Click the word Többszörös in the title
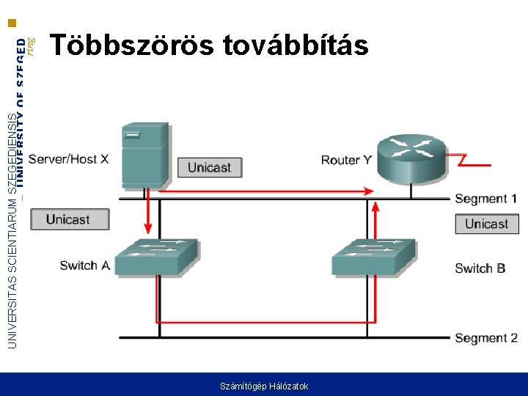pos(131,45)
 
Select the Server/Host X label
pos(78,159)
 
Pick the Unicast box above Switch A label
pos(67,219)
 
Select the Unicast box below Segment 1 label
pos(486,224)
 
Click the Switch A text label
pos(84,265)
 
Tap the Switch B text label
pos(480,268)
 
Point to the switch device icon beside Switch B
pos(375,256)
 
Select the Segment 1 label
pos(485,199)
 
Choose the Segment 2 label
pos(485,338)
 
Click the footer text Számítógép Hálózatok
pos(264,386)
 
